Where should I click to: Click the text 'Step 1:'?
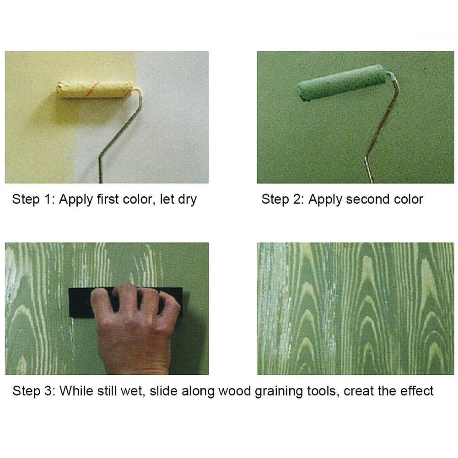(x=32, y=199)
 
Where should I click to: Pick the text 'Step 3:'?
(x=32, y=391)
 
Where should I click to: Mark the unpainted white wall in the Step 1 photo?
(x=178, y=114)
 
